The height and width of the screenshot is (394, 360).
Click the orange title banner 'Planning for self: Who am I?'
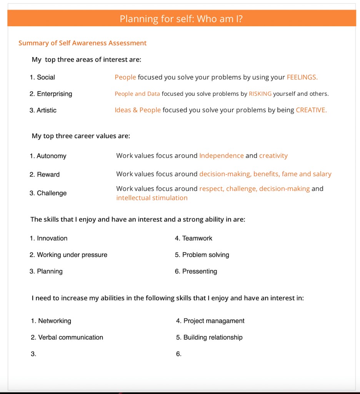181,19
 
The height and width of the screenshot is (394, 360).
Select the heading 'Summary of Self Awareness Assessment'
82,43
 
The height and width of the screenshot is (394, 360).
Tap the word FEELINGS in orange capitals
302,77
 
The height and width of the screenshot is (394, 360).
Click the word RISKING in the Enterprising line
260,94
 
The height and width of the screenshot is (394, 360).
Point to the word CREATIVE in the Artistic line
311,110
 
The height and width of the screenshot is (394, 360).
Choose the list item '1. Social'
42,77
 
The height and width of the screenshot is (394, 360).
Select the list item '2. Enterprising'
51,94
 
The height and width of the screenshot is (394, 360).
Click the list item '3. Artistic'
43,110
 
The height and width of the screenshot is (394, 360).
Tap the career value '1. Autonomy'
48,156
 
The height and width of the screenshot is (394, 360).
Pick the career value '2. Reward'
45,175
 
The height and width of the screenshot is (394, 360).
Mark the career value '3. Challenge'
48,193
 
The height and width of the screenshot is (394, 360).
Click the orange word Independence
221,156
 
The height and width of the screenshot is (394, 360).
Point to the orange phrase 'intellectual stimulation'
152,198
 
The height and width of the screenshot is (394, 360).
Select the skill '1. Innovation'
48,239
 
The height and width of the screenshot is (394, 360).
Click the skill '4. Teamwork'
193,239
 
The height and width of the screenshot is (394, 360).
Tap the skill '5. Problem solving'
202,255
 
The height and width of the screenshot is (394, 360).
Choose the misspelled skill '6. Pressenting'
196,272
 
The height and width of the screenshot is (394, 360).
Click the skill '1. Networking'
51,321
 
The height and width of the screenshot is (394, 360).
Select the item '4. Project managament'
210,321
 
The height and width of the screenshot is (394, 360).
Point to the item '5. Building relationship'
209,337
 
